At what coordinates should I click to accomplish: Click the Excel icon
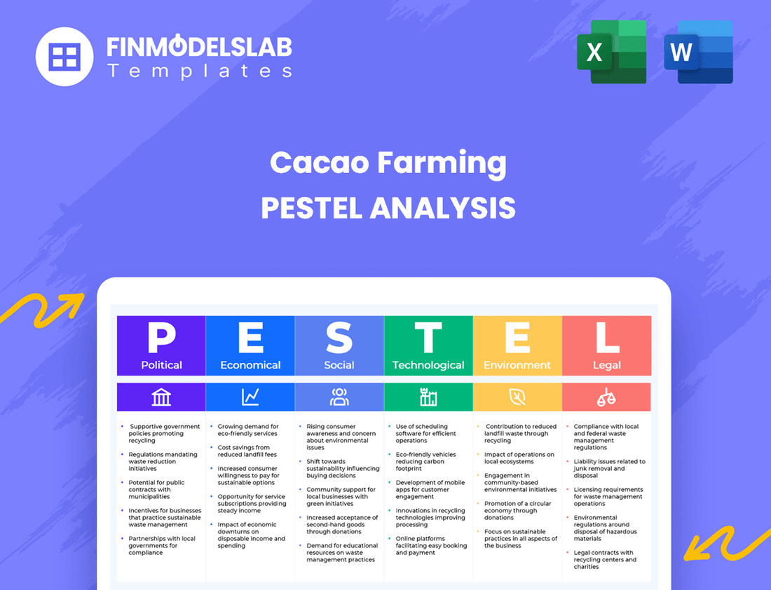[611, 52]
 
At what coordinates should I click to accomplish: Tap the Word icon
[698, 52]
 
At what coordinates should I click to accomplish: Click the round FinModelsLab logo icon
[64, 56]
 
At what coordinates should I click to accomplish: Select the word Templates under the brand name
[200, 71]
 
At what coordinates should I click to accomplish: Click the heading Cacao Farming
[388, 163]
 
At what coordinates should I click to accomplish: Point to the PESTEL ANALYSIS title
[388, 208]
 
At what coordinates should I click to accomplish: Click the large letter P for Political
[161, 338]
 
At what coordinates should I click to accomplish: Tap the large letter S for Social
[339, 338]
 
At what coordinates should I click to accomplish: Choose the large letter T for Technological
[428, 338]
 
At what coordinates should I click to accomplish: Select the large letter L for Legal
[606, 338]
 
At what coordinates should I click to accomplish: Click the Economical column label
[250, 365]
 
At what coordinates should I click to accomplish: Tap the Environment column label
[517, 365]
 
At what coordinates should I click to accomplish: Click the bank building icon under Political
[161, 397]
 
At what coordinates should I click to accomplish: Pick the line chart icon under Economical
[250, 397]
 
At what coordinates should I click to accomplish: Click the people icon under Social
[339, 397]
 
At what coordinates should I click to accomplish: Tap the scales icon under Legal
[606, 397]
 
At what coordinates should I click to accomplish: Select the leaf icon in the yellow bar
[517, 397]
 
